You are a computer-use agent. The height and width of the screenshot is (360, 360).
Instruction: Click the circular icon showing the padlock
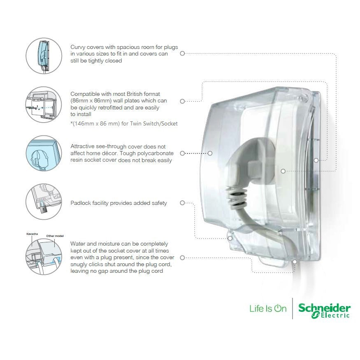click(x=44, y=202)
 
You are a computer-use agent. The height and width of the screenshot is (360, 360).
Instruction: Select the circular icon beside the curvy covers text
click(x=44, y=56)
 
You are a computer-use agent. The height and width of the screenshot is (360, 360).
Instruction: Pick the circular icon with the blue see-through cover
click(x=44, y=153)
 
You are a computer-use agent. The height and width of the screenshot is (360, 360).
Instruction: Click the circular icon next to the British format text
click(x=44, y=105)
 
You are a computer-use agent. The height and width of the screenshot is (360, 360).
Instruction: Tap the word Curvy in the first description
click(x=78, y=47)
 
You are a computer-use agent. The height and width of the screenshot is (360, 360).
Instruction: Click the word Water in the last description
click(x=78, y=244)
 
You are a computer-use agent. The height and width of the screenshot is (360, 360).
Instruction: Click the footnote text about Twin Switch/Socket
click(x=124, y=123)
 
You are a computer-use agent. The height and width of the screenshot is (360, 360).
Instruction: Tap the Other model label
click(x=55, y=236)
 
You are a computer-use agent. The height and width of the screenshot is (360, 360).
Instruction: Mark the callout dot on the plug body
click(x=283, y=171)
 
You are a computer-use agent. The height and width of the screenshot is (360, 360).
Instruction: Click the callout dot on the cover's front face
click(x=210, y=153)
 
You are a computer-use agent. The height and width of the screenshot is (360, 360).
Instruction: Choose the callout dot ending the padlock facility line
click(x=230, y=238)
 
